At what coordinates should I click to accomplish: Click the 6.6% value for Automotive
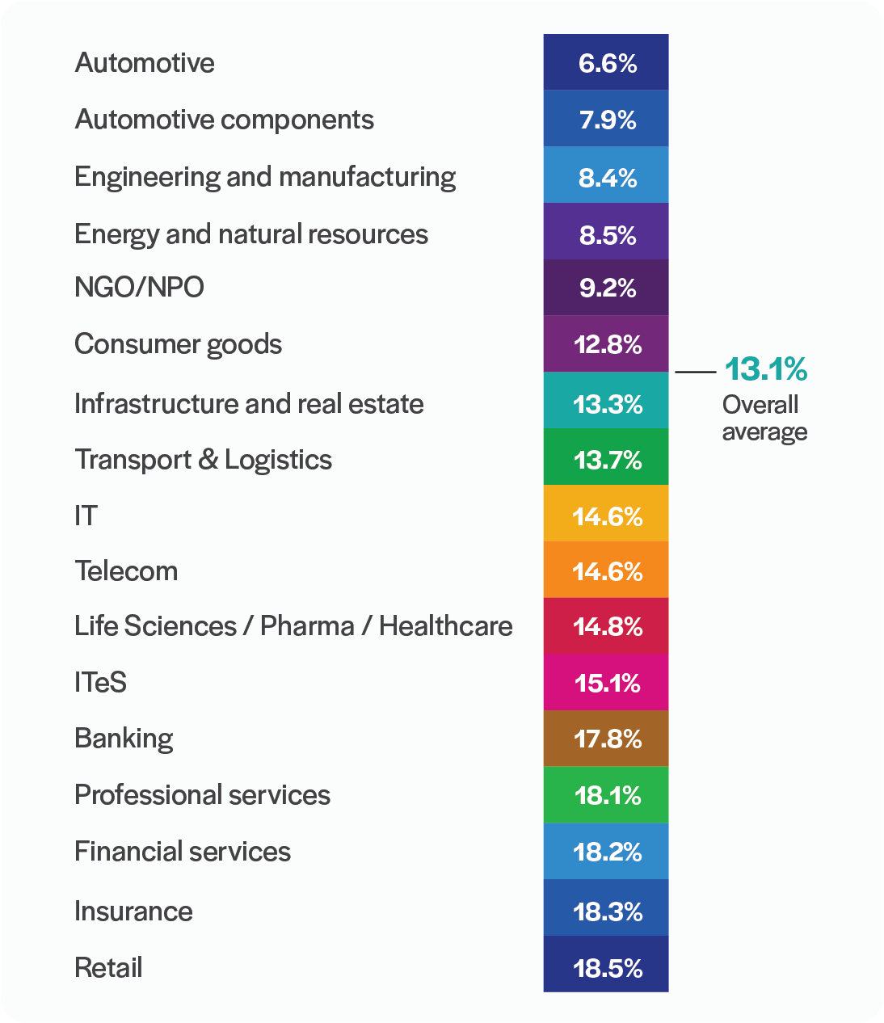607,63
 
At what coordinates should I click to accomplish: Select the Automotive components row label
224,120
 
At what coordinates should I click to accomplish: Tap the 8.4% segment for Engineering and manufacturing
607,177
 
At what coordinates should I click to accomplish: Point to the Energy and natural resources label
250,234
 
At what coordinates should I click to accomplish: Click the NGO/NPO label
139,287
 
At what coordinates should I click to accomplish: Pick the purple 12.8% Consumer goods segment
607,344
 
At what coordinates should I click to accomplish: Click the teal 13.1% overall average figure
765,369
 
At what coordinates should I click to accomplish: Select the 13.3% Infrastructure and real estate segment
607,402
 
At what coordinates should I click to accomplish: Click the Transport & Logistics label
203,460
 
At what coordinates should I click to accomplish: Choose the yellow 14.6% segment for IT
607,515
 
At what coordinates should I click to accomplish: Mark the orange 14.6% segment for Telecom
607,571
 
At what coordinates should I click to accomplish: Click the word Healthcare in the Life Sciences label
445,626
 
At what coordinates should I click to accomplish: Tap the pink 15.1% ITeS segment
607,683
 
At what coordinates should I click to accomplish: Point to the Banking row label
124,739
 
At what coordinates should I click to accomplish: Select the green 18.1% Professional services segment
607,795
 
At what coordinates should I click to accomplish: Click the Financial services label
182,852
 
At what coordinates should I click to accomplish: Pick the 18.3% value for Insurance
607,911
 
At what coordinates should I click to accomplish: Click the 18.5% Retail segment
607,967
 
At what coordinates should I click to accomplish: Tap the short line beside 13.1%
695,372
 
